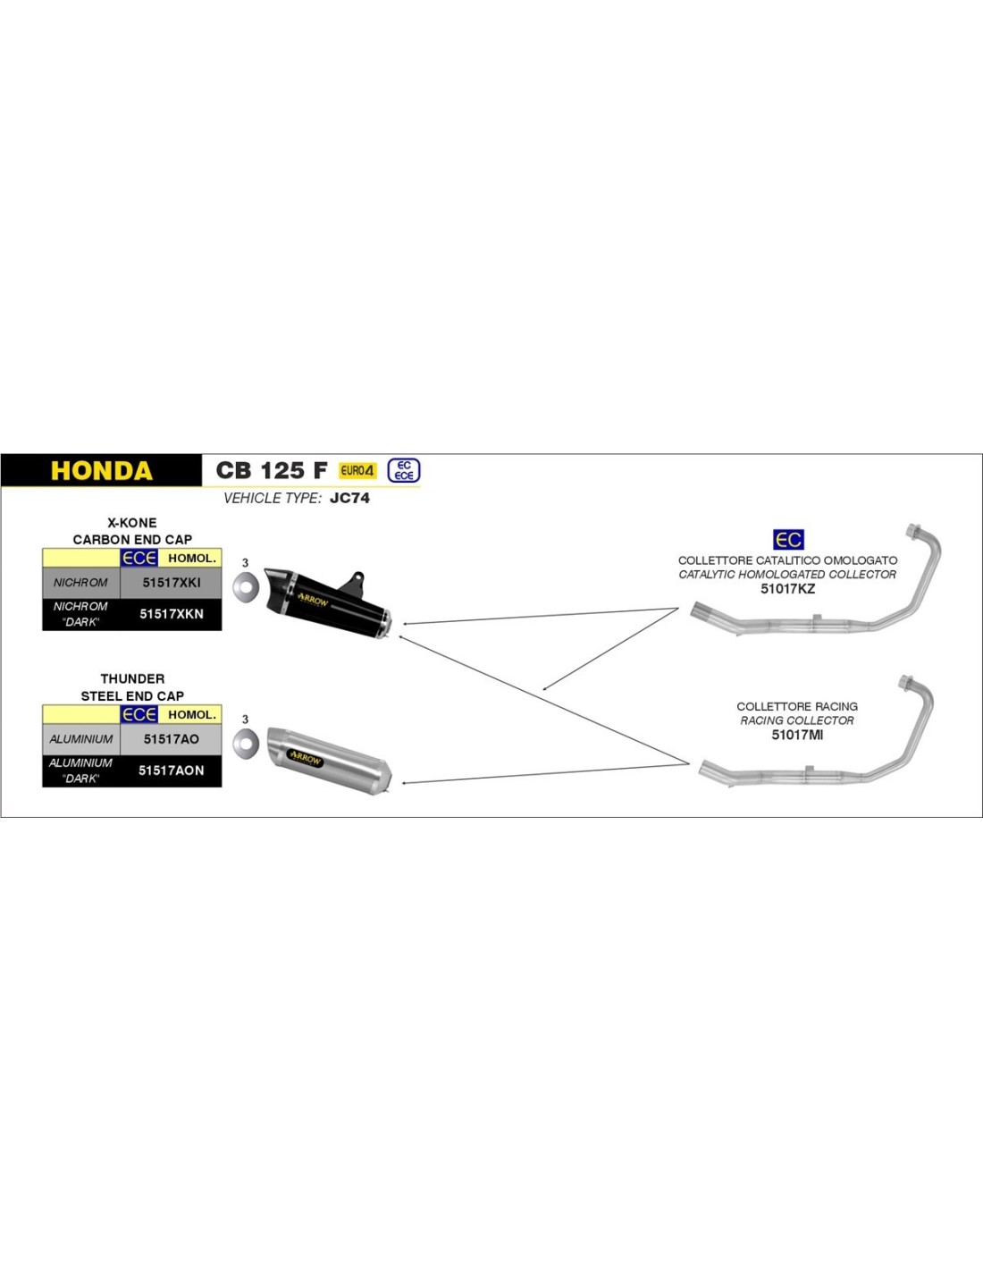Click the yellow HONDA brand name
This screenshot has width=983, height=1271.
101,471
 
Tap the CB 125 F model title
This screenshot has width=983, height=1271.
272,470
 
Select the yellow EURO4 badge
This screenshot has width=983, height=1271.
357,470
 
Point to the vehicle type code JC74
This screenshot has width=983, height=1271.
349,498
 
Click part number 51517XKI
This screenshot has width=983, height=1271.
172,583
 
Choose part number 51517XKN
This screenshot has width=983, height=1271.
172,614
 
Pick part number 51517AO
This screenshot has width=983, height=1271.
172,739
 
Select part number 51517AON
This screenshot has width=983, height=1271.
172,770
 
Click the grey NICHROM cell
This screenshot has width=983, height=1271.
80,583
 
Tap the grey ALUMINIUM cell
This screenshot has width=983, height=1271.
81,739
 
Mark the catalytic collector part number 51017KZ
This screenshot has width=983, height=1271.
787,589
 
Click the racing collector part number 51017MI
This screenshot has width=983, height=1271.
797,735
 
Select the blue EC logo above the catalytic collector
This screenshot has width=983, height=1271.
788,540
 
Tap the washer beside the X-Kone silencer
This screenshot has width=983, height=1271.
246,586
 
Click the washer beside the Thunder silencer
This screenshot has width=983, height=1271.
246,743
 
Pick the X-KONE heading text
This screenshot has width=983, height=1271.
132,523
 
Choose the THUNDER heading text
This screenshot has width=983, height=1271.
132,679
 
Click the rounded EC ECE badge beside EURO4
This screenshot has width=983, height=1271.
404,470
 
